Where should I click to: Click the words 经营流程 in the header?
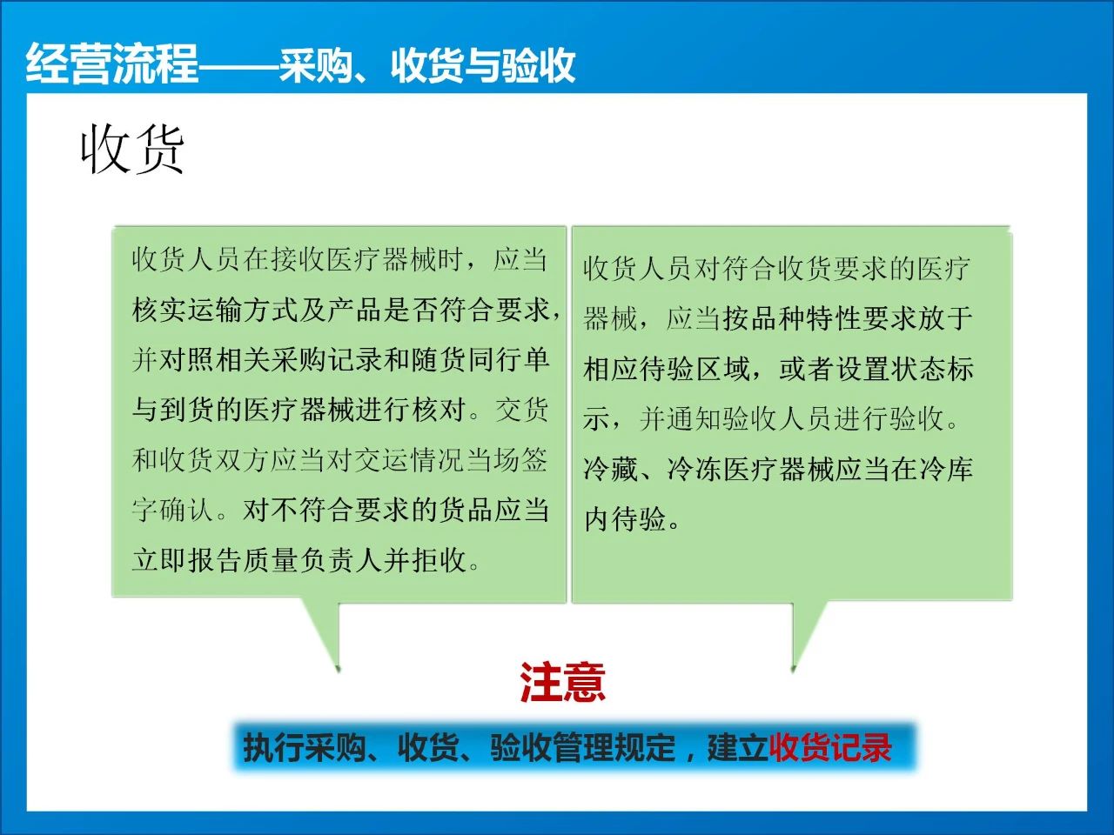111,63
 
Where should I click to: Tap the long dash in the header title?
238,65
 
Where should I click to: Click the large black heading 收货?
132,150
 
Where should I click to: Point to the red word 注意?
562,683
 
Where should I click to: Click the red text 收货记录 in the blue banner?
830,748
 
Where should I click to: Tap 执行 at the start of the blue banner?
273,748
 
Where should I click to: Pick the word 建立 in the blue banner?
738,748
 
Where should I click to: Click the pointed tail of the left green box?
338,671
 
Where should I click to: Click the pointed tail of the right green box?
794,671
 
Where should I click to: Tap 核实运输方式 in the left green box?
215,310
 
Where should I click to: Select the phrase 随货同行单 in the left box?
480,360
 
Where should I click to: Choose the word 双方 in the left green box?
243,460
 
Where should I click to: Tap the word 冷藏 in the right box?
611,469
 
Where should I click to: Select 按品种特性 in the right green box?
792,318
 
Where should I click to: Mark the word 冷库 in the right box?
946,469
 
